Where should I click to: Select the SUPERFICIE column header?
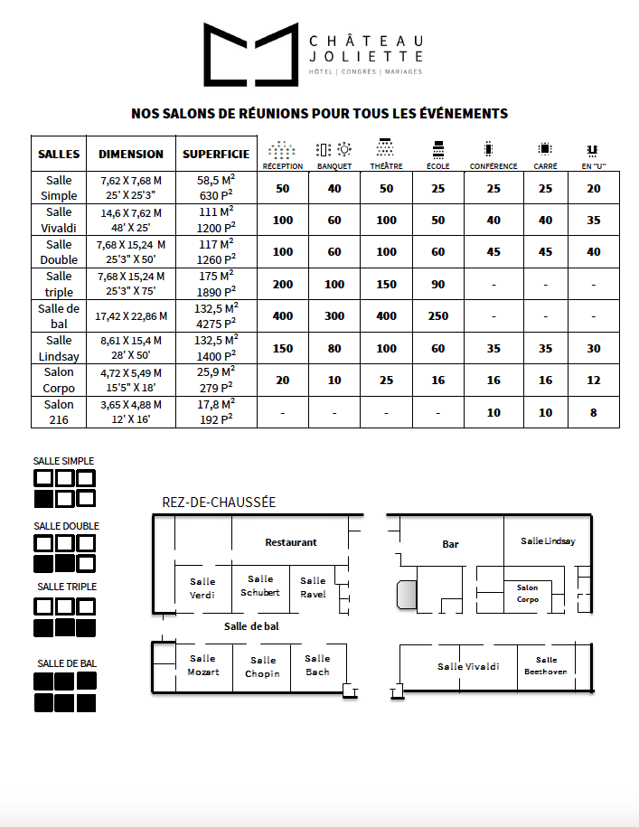pos(216,154)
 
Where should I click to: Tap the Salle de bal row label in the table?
pos(59,315)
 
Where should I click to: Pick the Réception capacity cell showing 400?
pos(283,315)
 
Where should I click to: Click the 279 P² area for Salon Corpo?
pos(216,388)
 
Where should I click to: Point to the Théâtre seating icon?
pos(386,149)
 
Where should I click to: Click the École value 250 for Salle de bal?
pos(438,315)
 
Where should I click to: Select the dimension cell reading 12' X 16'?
pos(130,420)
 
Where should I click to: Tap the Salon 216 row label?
pos(59,412)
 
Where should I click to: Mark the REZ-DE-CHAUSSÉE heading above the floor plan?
pos(219,503)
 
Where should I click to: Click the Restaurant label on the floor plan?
pos(291,542)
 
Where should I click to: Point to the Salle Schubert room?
pos(260,586)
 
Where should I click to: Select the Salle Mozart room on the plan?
pos(203,665)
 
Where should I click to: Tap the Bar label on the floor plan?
pos(450,544)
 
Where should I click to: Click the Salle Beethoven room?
pos(546,666)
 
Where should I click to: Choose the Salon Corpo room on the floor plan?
pos(527,593)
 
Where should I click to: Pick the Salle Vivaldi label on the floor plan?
pos(468,666)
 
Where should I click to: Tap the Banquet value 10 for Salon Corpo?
pos(334,380)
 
